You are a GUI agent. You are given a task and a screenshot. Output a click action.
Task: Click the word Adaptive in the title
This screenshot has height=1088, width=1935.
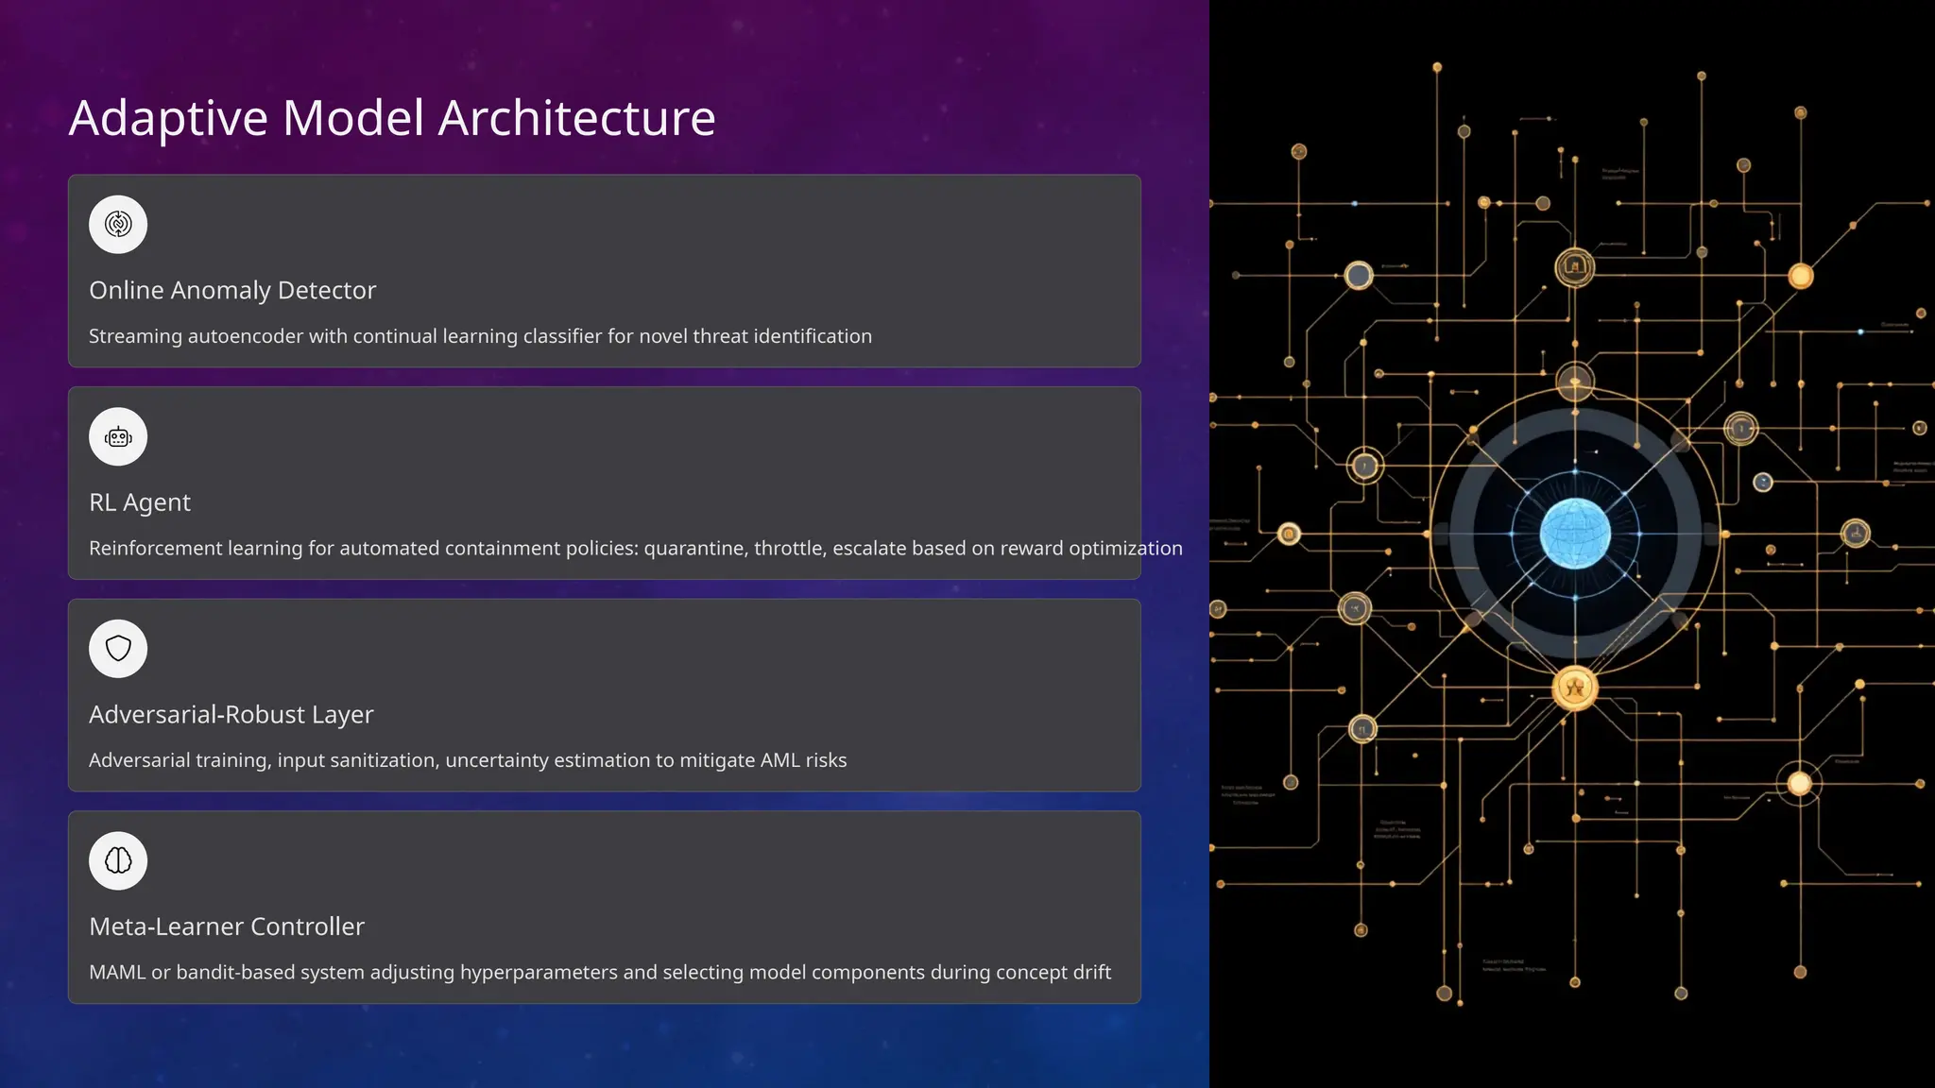[168, 120]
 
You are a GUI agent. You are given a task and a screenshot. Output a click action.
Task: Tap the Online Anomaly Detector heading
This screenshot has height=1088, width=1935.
[232, 290]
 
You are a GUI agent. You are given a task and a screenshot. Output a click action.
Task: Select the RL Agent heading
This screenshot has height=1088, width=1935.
[140, 502]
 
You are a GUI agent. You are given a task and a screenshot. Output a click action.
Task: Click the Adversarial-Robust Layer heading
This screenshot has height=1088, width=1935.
[231, 715]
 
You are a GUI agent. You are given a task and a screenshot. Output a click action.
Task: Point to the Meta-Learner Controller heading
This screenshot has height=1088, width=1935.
[227, 926]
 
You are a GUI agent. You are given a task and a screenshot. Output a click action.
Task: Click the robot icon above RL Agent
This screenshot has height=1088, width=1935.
[118, 437]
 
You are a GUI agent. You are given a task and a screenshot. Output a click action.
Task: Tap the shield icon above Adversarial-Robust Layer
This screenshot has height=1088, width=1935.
[118, 649]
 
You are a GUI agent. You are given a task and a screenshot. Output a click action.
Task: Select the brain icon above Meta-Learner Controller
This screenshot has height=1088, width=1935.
[118, 860]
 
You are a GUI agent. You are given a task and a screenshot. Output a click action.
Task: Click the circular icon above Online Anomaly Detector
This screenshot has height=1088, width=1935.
[118, 225]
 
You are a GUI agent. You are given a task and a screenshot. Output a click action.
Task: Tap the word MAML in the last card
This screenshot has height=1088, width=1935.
[117, 973]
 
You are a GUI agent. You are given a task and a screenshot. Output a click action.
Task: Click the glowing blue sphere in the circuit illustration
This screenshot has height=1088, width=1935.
[1575, 534]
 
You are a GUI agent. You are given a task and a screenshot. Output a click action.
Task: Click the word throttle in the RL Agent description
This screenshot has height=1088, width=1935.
[788, 549]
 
